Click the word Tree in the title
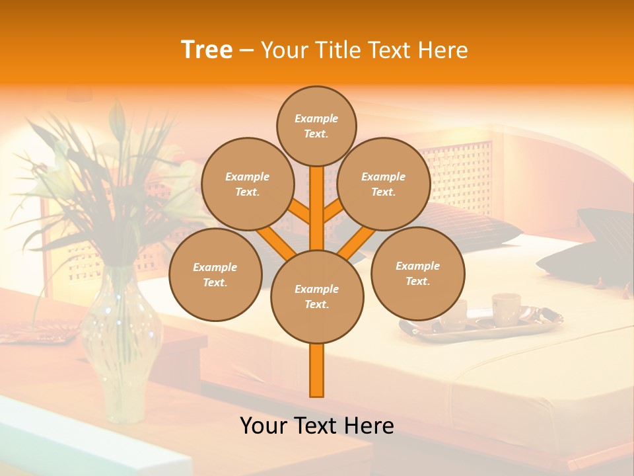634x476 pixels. point(207,50)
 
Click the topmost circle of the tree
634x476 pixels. point(316,126)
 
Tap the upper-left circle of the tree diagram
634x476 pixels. point(247,184)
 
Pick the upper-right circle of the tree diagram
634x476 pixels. point(383,184)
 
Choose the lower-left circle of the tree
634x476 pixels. point(215,274)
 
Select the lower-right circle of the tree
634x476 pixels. point(417,273)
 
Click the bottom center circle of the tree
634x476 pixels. point(317,297)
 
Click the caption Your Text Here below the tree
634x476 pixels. point(317,425)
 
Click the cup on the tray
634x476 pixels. point(505,307)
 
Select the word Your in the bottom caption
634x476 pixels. point(264,425)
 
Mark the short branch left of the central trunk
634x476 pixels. point(299,211)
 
